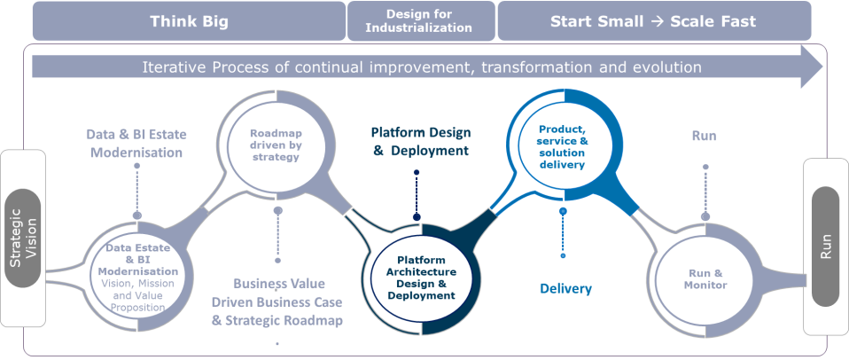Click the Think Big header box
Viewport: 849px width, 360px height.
(x=189, y=21)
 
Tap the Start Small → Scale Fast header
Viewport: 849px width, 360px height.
(x=653, y=21)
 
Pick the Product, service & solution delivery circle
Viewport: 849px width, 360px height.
(x=562, y=146)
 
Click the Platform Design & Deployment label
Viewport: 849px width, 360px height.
(x=420, y=142)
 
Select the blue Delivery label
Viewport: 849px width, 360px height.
(x=565, y=288)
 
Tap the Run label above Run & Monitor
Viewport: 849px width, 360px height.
(x=704, y=136)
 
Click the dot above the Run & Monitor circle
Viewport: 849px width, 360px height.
(x=705, y=215)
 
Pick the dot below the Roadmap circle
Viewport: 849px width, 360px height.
(x=278, y=211)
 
